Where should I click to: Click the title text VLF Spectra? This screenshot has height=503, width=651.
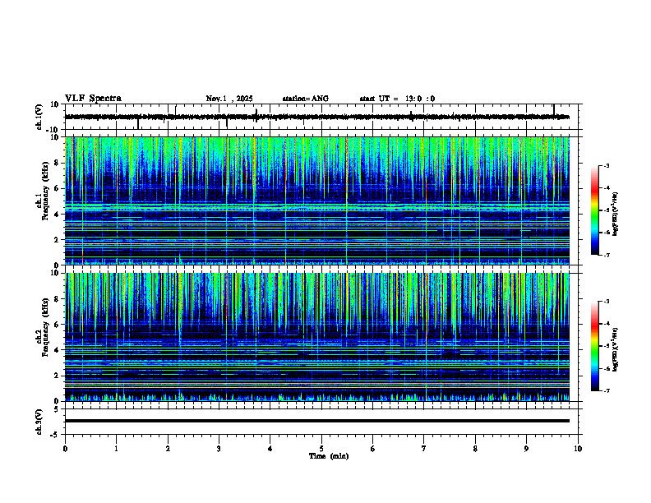pyautogui.click(x=93, y=98)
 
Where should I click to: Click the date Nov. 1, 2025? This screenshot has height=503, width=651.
pyautogui.click(x=232, y=99)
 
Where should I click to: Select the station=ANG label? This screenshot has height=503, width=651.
pyautogui.click(x=305, y=99)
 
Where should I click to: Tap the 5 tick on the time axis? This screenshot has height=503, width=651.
pyautogui.click(x=322, y=448)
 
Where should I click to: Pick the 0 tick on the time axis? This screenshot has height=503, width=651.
pyautogui.click(x=65, y=448)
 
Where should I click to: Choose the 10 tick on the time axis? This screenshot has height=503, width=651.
pyautogui.click(x=579, y=448)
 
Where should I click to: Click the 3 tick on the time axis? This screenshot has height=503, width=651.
pyautogui.click(x=219, y=448)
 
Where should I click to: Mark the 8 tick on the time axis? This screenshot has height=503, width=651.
pyautogui.click(x=476, y=448)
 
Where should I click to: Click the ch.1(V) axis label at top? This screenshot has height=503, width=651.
pyautogui.click(x=39, y=117)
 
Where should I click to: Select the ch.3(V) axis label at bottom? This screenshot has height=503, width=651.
pyautogui.click(x=39, y=421)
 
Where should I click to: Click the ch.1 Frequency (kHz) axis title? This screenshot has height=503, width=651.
pyautogui.click(x=41, y=201)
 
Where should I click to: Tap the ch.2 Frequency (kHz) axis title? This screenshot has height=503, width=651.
pyautogui.click(x=41, y=337)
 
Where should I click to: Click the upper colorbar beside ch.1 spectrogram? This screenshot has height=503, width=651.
pyautogui.click(x=595, y=210)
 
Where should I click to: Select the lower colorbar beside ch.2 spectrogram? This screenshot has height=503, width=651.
pyautogui.click(x=595, y=346)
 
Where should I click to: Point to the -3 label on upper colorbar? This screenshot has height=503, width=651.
pyautogui.click(x=606, y=166)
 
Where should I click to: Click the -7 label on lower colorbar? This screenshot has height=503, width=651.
pyautogui.click(x=606, y=390)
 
